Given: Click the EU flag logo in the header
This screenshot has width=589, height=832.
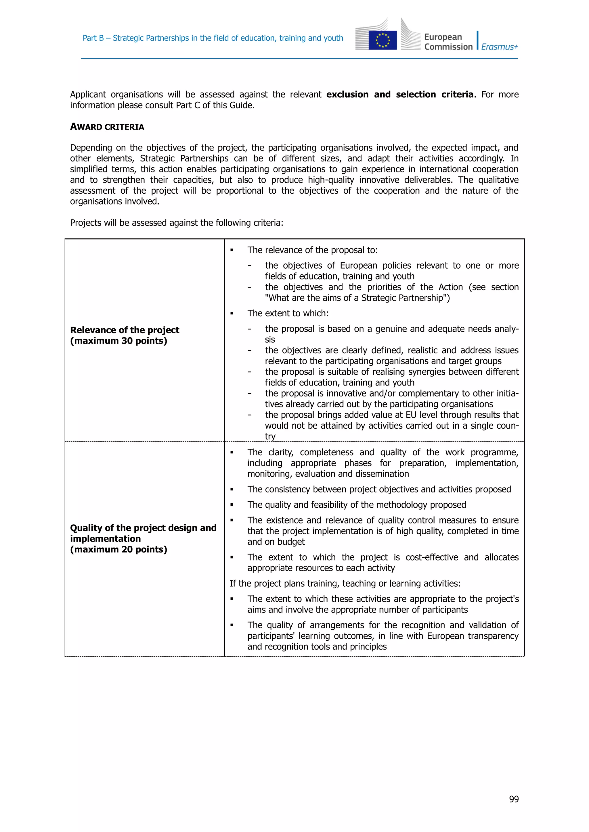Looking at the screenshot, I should click(382, 40).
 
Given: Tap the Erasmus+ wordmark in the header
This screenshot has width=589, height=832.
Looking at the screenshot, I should click(500, 47).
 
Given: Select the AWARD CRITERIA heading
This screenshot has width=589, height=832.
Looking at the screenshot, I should click(107, 127).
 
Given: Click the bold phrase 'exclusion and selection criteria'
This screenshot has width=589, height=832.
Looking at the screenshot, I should click(400, 95).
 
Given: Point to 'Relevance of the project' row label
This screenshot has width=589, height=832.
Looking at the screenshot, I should click(125, 330).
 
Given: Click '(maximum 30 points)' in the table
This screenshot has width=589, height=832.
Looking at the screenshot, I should click(118, 341).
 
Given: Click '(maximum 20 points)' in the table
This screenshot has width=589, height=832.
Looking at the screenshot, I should click(118, 549).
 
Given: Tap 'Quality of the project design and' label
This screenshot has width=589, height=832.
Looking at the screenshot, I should click(143, 528).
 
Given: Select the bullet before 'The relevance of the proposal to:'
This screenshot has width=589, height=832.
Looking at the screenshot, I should click(232, 251).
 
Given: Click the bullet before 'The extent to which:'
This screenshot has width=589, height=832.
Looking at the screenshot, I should click(232, 313).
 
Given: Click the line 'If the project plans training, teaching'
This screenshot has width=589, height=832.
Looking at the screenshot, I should click(345, 583).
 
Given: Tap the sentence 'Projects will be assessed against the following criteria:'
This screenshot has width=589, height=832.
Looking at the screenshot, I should click(176, 223).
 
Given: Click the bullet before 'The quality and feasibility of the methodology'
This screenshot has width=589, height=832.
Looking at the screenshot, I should click(232, 505).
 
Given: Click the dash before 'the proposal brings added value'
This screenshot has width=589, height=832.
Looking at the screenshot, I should click(249, 415).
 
